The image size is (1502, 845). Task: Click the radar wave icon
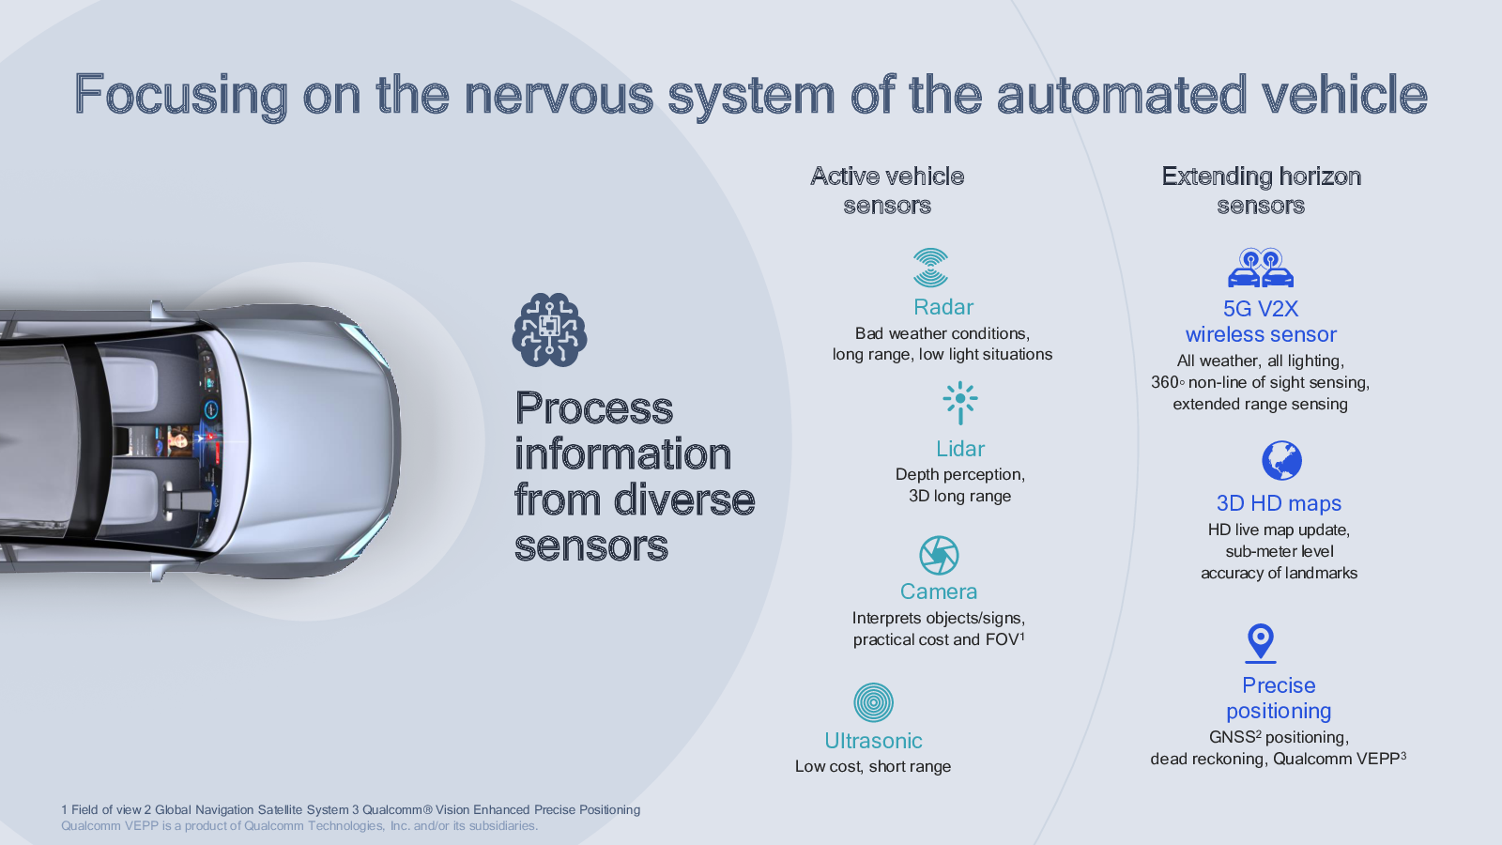[930, 268]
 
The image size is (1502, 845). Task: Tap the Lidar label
[960, 449]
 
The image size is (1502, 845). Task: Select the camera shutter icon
[939, 555]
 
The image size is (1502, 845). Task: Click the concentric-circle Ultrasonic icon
[873, 703]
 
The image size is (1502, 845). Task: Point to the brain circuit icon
[550, 330]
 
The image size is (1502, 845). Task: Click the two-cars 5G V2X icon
[1261, 268]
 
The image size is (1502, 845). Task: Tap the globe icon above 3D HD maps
[1281, 461]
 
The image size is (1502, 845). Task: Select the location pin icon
[1261, 643]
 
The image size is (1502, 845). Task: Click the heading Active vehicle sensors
[887, 191]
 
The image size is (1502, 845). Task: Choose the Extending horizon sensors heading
[1262, 191]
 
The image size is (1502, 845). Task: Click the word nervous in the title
[559, 95]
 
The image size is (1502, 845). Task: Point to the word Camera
[939, 591]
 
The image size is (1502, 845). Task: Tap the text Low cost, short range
[873, 766]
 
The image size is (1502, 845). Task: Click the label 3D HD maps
[1279, 503]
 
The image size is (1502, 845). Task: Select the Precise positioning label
[1279, 699]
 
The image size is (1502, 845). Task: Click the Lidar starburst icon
[960, 403]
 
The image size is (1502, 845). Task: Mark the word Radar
[943, 307]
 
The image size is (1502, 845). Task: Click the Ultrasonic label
[873, 741]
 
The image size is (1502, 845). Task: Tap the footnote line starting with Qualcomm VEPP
[299, 825]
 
